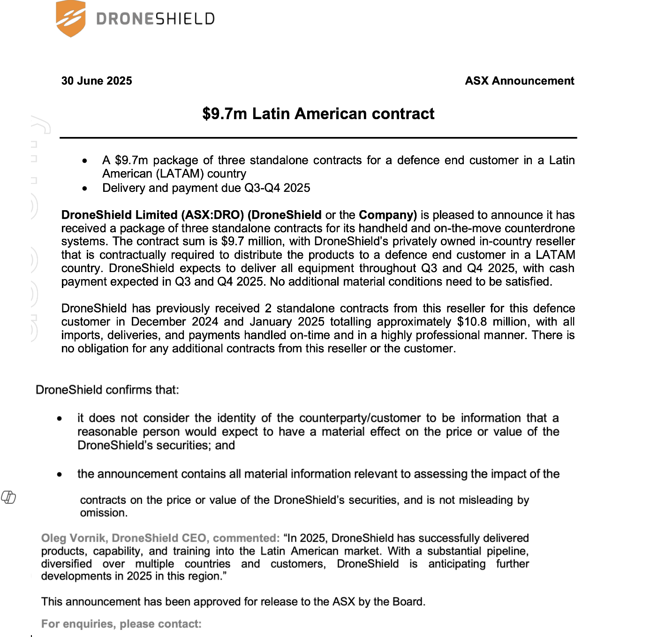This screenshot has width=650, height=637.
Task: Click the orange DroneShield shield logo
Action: (x=70, y=18)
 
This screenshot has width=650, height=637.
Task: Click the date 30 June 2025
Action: (x=97, y=81)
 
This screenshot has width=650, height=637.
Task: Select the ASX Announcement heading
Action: (x=519, y=81)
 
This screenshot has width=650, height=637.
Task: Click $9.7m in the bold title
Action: (x=225, y=114)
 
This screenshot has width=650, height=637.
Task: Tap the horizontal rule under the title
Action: (x=318, y=138)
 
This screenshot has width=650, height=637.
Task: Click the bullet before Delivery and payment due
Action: (x=84, y=189)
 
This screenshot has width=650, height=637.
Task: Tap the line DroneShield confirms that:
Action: (x=107, y=390)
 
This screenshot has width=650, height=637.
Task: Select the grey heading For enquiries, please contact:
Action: (x=121, y=624)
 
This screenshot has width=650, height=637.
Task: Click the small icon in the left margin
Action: (x=8, y=497)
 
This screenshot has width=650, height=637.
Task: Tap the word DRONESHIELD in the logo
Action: (x=155, y=19)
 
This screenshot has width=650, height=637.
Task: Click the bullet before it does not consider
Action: (x=60, y=418)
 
